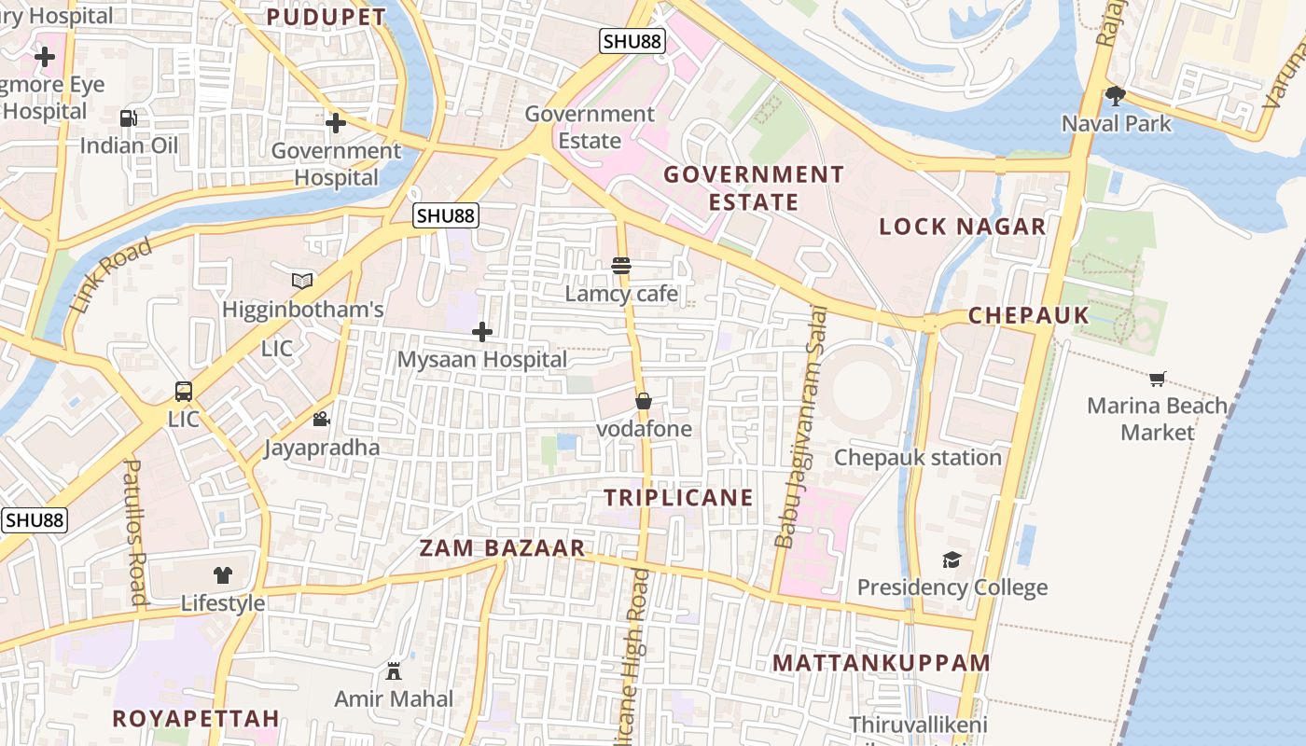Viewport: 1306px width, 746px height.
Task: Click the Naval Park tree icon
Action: (1115, 95)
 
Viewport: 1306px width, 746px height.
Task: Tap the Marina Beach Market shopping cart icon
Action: (1158, 379)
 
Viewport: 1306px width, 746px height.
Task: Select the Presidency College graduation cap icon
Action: (952, 559)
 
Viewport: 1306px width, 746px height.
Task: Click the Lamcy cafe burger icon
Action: (621, 266)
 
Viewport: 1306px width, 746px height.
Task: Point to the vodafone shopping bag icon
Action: (644, 401)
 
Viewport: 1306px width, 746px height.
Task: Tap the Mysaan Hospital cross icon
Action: (482, 332)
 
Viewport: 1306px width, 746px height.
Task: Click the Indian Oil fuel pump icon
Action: (128, 118)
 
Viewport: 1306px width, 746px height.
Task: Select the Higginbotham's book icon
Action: (302, 281)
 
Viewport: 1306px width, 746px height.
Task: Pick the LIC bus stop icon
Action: (184, 392)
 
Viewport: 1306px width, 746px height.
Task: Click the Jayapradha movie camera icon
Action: (321, 420)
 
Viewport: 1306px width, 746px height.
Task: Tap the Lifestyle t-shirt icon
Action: (222, 575)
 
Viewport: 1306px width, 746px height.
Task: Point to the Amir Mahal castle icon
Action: (394, 670)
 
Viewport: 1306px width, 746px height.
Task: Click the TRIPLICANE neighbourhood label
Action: (678, 498)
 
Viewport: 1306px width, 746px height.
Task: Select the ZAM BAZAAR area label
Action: (502, 548)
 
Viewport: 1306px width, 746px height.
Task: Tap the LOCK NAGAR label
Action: (963, 227)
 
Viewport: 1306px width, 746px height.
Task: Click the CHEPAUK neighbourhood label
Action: (1029, 315)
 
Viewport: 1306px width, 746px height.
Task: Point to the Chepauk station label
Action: (918, 458)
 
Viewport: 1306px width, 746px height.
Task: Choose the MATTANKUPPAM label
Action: (882, 663)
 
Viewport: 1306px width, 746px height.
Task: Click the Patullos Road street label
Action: (136, 532)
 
